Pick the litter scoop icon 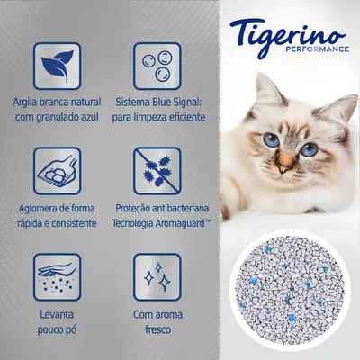pyautogui.click(x=58, y=171)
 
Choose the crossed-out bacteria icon pyautogui.click(x=157, y=171)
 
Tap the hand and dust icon pyautogui.click(x=58, y=276)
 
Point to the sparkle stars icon pyautogui.click(x=157, y=276)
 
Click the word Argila pyautogui.click(x=29, y=101)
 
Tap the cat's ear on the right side pyautogui.click(x=338, y=108)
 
